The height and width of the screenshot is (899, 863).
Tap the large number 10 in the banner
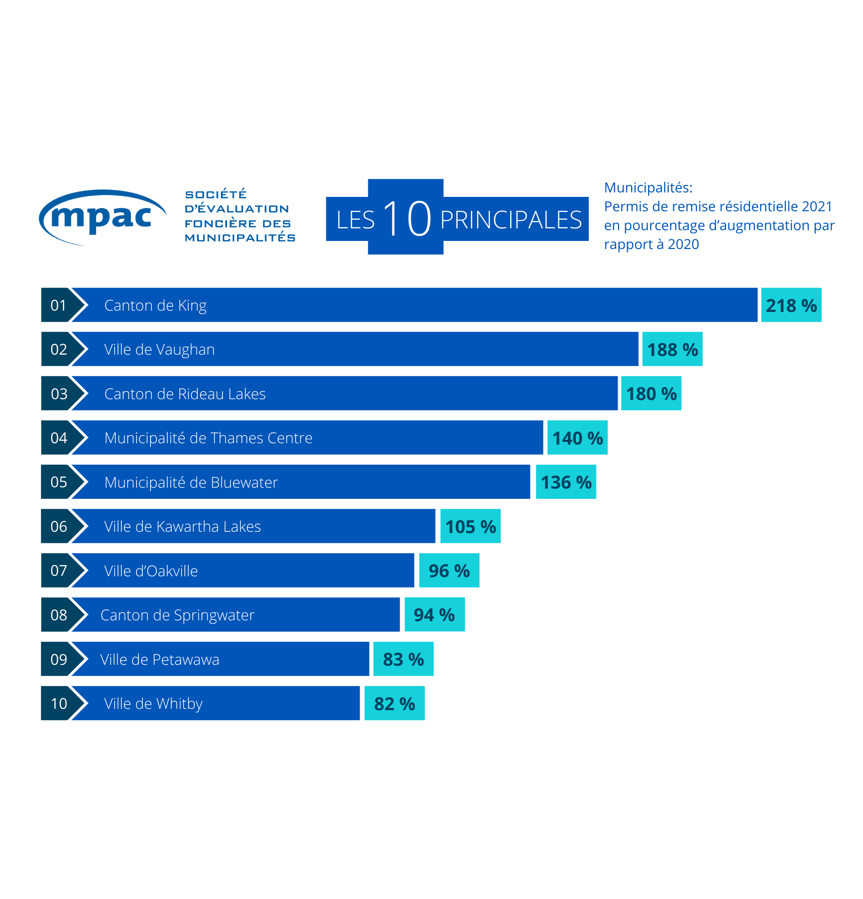click(x=406, y=218)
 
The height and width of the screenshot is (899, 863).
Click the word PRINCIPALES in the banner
click(x=510, y=220)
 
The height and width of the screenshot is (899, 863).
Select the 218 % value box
click(x=791, y=306)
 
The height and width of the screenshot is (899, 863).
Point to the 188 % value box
click(x=672, y=350)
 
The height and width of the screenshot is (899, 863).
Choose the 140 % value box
click(x=577, y=438)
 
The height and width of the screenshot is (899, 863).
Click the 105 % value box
click(x=471, y=526)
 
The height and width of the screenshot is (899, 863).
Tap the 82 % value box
click(x=394, y=703)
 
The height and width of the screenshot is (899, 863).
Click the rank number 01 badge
click(x=58, y=306)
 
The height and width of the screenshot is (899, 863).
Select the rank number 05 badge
click(x=58, y=482)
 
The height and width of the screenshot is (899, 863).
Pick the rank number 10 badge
click(x=58, y=703)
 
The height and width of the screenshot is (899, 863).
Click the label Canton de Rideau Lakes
click(x=185, y=394)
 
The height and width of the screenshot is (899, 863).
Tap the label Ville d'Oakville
click(x=151, y=571)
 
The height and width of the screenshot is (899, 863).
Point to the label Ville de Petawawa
click(x=160, y=659)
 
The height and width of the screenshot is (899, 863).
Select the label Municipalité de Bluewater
click(x=191, y=482)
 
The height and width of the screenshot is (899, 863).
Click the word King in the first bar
click(x=192, y=306)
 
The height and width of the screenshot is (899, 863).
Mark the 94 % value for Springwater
click(x=434, y=615)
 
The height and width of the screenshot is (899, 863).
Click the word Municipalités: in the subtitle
click(x=648, y=187)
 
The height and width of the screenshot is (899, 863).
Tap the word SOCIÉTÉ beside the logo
click(x=215, y=195)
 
